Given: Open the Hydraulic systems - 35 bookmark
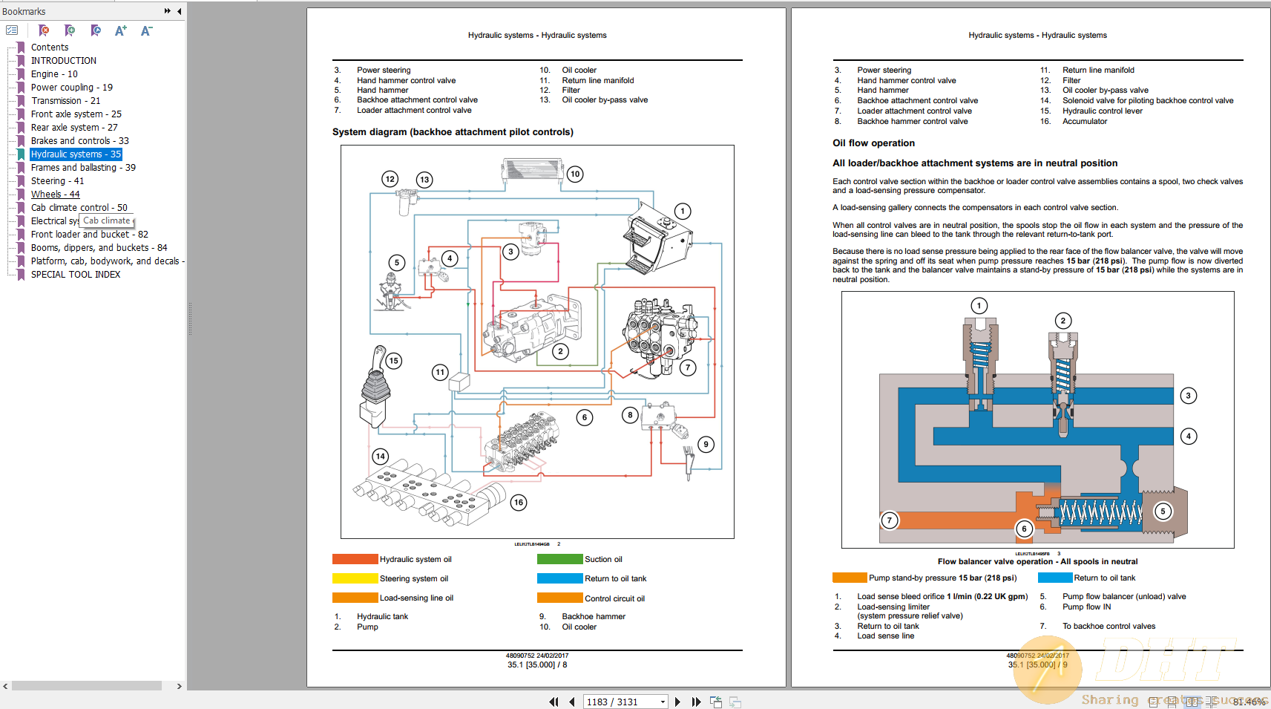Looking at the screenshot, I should click(x=76, y=154).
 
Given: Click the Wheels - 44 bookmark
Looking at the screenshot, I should click(x=55, y=195).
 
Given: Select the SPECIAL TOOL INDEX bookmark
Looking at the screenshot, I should click(x=75, y=275).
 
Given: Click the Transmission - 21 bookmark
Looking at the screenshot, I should click(x=65, y=101).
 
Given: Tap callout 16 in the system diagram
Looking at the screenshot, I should click(x=519, y=503).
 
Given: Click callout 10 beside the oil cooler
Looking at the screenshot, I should click(x=575, y=174).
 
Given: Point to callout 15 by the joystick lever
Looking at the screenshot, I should click(x=393, y=361).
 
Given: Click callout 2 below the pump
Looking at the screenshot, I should click(x=560, y=351).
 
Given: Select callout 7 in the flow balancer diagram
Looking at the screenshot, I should click(x=889, y=520).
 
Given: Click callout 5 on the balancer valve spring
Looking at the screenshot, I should click(x=1163, y=512).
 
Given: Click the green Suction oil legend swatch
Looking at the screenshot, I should click(x=559, y=559).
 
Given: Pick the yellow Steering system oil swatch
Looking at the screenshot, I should click(x=355, y=578).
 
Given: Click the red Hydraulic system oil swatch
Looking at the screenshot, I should click(x=355, y=559).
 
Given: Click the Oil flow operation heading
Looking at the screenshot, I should click(x=873, y=143).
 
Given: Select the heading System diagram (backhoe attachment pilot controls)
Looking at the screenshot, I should click(x=453, y=132).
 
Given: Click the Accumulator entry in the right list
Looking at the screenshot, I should click(x=1084, y=122).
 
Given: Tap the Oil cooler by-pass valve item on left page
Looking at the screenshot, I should click(x=605, y=100).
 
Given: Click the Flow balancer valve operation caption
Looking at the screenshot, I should click(x=1037, y=562).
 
